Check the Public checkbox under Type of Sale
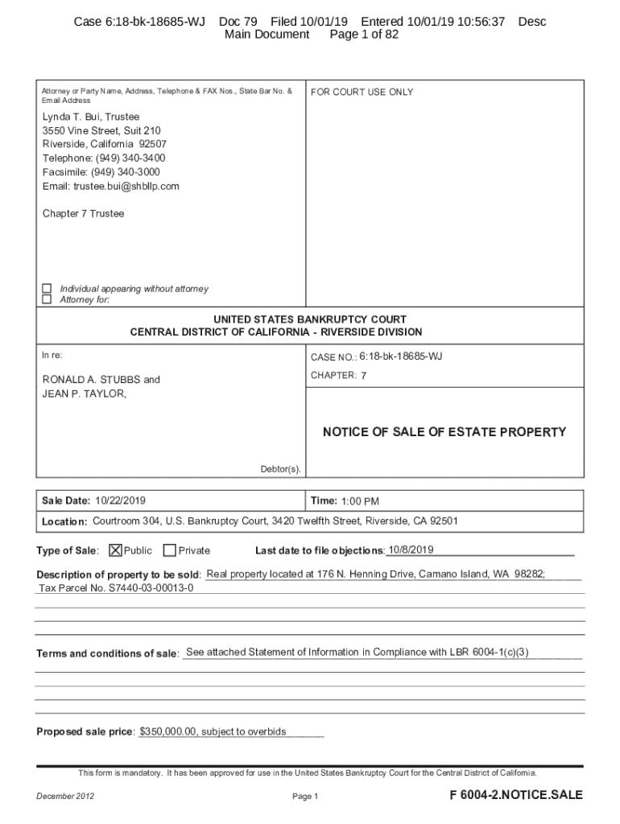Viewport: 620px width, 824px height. tap(115, 550)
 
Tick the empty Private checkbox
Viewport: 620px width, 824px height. tap(169, 550)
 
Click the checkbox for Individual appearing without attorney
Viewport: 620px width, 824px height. tap(47, 288)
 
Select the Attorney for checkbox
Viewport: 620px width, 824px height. tap(47, 299)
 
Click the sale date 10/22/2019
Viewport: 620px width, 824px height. tap(120, 501)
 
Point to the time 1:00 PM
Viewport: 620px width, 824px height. tap(360, 501)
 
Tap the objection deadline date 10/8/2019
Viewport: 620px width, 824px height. tap(411, 550)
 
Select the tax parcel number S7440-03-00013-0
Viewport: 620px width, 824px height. tap(117, 587)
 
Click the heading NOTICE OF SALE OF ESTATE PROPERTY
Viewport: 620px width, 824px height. tap(444, 432)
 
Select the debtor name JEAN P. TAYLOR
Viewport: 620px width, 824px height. tap(84, 393)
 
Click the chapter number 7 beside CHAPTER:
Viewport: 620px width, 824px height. tap(364, 376)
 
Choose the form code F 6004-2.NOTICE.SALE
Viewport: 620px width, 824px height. tap(516, 795)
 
